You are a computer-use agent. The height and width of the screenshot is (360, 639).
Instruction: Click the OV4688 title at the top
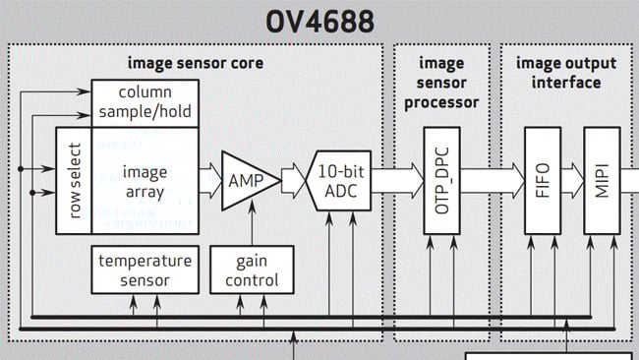pyautogui.click(x=319, y=21)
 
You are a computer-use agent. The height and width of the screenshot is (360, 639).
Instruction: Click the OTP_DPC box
pyautogui.click(x=441, y=180)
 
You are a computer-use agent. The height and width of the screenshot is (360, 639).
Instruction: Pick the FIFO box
pyautogui.click(x=543, y=180)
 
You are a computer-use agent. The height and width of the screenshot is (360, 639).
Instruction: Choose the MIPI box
pyautogui.click(x=602, y=180)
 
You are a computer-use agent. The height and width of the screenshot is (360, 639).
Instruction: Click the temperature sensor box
pyautogui.click(x=145, y=270)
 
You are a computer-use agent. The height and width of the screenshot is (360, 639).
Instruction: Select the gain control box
pyautogui.click(x=251, y=270)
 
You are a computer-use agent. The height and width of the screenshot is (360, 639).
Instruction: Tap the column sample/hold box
pyautogui.click(x=145, y=101)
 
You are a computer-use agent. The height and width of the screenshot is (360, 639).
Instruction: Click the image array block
pyautogui.click(x=145, y=181)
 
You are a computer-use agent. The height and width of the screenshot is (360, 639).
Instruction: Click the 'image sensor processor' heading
pyautogui.click(x=441, y=83)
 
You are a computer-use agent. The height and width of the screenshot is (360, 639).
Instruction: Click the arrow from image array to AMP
pyautogui.click(x=209, y=181)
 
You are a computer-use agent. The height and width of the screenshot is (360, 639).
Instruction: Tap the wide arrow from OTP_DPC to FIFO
pyautogui.click(x=493, y=181)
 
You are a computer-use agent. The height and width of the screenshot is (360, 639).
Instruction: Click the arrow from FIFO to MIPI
pyautogui.click(x=572, y=181)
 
